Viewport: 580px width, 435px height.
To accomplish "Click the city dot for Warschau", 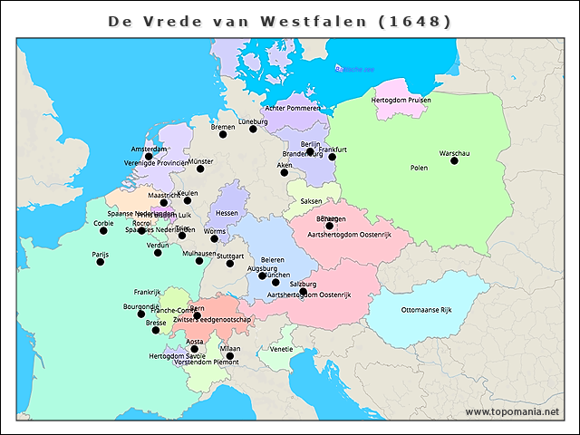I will pyautogui.click(x=454, y=161).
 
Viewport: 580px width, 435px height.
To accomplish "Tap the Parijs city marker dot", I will pyautogui.click(x=101, y=262).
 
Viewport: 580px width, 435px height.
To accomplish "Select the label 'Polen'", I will pyautogui.click(x=419, y=168).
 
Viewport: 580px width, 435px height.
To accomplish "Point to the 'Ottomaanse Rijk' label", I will pyautogui.click(x=426, y=310).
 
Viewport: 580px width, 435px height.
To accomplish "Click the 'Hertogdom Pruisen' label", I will pyautogui.click(x=400, y=99).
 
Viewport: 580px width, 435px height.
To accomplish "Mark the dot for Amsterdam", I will pyautogui.click(x=149, y=156).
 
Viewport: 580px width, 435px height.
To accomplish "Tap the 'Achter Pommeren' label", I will pyautogui.click(x=293, y=108).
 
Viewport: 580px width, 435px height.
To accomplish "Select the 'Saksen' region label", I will pyautogui.click(x=311, y=200).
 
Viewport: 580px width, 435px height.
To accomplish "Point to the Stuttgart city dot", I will pyautogui.click(x=230, y=264).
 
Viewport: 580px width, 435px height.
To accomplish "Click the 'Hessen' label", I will pyautogui.click(x=227, y=213).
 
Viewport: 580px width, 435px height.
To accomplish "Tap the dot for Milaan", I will pyautogui.click(x=230, y=356).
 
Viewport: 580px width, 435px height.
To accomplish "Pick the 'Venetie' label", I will pyautogui.click(x=281, y=349).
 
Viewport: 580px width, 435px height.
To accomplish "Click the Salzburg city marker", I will pyautogui.click(x=304, y=292).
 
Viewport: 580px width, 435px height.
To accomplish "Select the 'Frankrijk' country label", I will pyautogui.click(x=147, y=292).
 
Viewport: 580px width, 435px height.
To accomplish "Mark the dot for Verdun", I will pyautogui.click(x=158, y=253).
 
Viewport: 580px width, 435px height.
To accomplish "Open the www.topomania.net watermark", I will pyautogui.click(x=513, y=411).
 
